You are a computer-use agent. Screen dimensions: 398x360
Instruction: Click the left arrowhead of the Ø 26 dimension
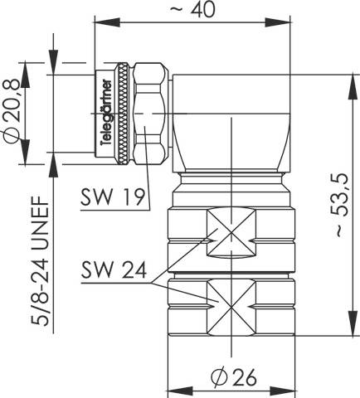tap(173, 390)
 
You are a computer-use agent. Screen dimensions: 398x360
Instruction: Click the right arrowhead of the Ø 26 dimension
tap(283, 390)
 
